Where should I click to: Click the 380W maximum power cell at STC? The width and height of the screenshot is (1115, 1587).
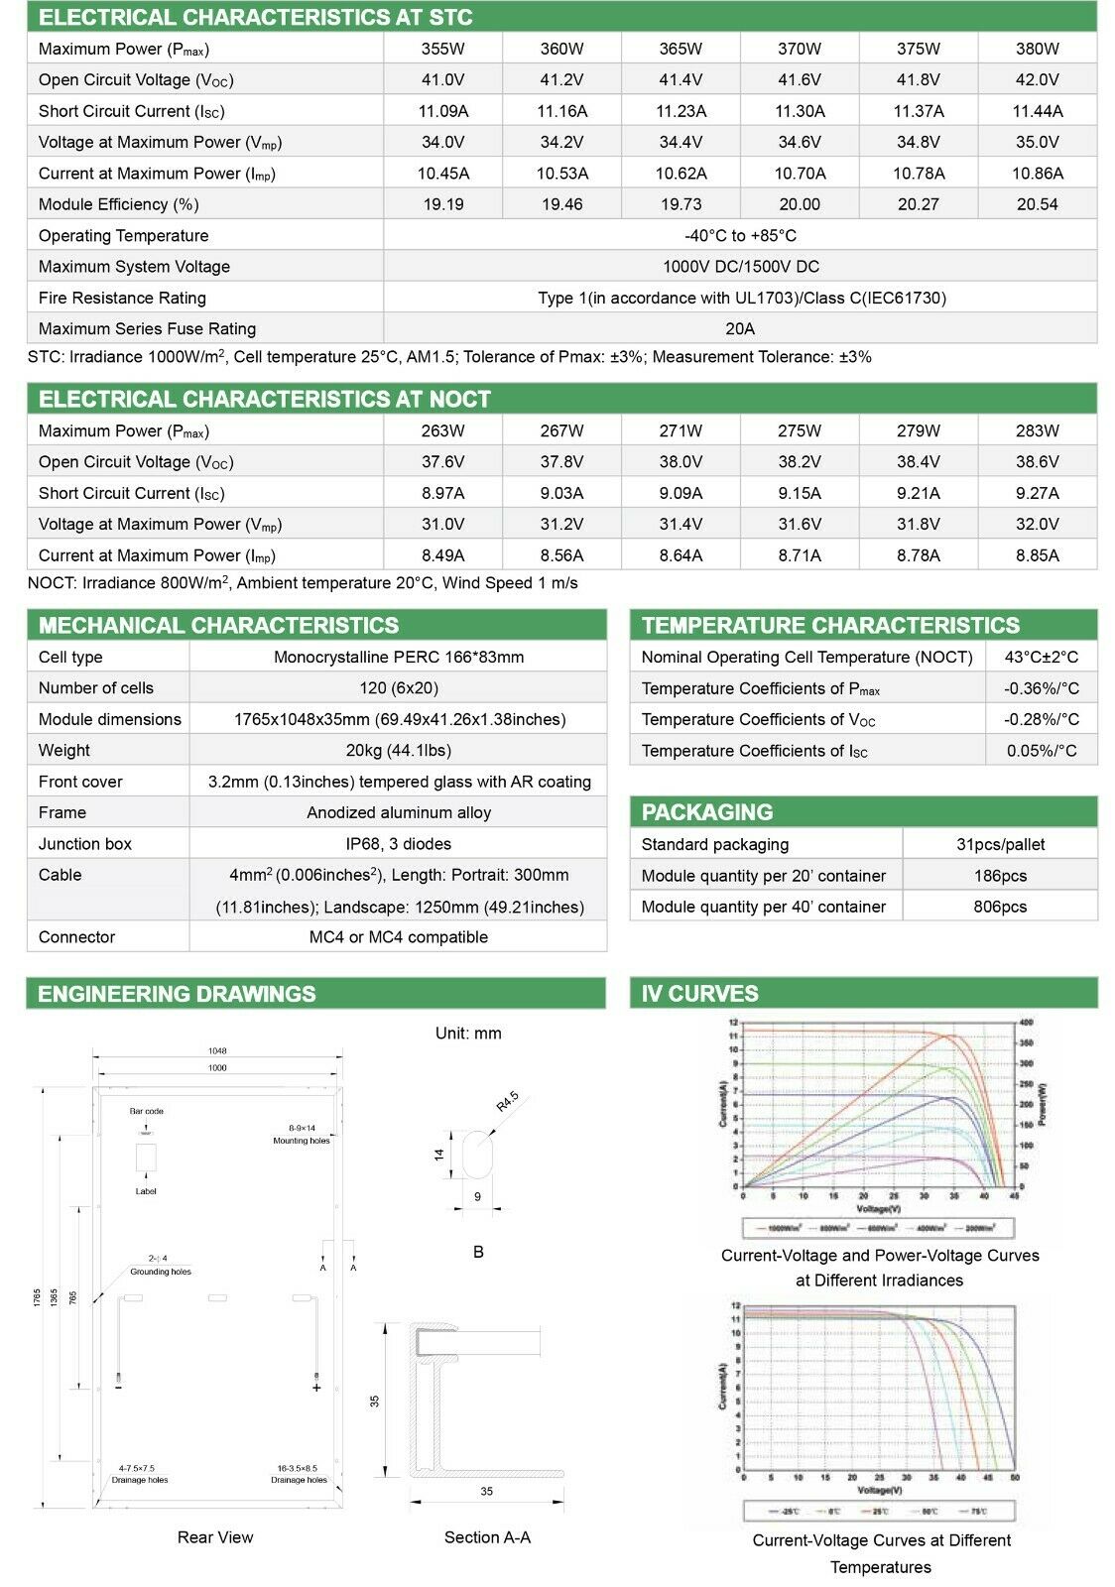(x=1037, y=49)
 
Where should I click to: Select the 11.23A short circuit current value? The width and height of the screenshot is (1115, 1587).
(x=681, y=111)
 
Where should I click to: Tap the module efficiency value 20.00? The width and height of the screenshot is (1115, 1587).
(x=799, y=204)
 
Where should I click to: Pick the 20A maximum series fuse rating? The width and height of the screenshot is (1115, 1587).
(x=740, y=328)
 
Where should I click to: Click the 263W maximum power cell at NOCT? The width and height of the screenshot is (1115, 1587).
(x=442, y=430)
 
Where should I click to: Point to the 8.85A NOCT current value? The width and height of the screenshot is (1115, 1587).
(x=1037, y=555)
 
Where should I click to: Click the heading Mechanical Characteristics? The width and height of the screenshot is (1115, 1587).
(x=218, y=625)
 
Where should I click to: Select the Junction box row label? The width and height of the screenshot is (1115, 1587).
(x=85, y=844)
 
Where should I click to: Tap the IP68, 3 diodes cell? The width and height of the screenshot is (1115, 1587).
(x=398, y=844)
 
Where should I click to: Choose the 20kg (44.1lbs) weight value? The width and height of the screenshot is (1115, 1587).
(x=398, y=750)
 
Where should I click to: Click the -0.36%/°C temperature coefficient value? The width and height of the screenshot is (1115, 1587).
(x=1042, y=688)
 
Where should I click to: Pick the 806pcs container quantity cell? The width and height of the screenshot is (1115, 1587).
(x=1000, y=907)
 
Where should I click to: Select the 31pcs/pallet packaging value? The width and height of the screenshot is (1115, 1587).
(x=1000, y=844)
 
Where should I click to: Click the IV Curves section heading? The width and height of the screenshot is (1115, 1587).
(x=699, y=993)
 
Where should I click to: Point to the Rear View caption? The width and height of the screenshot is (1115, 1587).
(x=215, y=1537)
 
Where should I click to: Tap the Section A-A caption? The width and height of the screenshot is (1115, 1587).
(x=487, y=1537)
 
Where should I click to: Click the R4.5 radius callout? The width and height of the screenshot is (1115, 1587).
(x=507, y=1102)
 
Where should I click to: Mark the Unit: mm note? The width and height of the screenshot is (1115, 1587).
(x=468, y=1034)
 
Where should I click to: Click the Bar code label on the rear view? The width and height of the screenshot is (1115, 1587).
(x=146, y=1111)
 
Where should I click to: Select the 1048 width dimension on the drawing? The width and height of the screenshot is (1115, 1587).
(x=217, y=1050)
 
